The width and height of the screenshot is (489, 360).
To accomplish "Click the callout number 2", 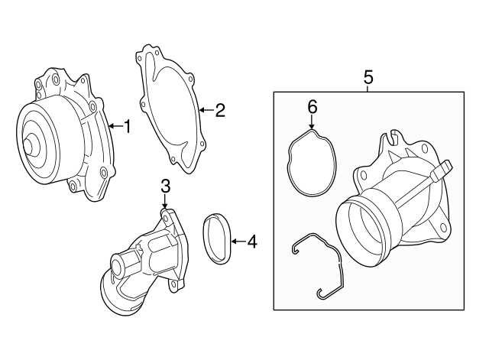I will [220, 111].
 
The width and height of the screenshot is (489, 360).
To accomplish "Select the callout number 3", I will [165, 186].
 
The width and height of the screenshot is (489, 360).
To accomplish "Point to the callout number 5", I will [368, 76].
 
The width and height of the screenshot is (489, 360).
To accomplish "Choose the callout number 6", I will [312, 106].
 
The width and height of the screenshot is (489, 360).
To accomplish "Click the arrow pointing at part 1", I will [113, 126].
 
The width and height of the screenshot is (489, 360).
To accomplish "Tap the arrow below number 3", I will [165, 204].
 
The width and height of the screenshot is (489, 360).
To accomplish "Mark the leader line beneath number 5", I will [368, 89].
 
